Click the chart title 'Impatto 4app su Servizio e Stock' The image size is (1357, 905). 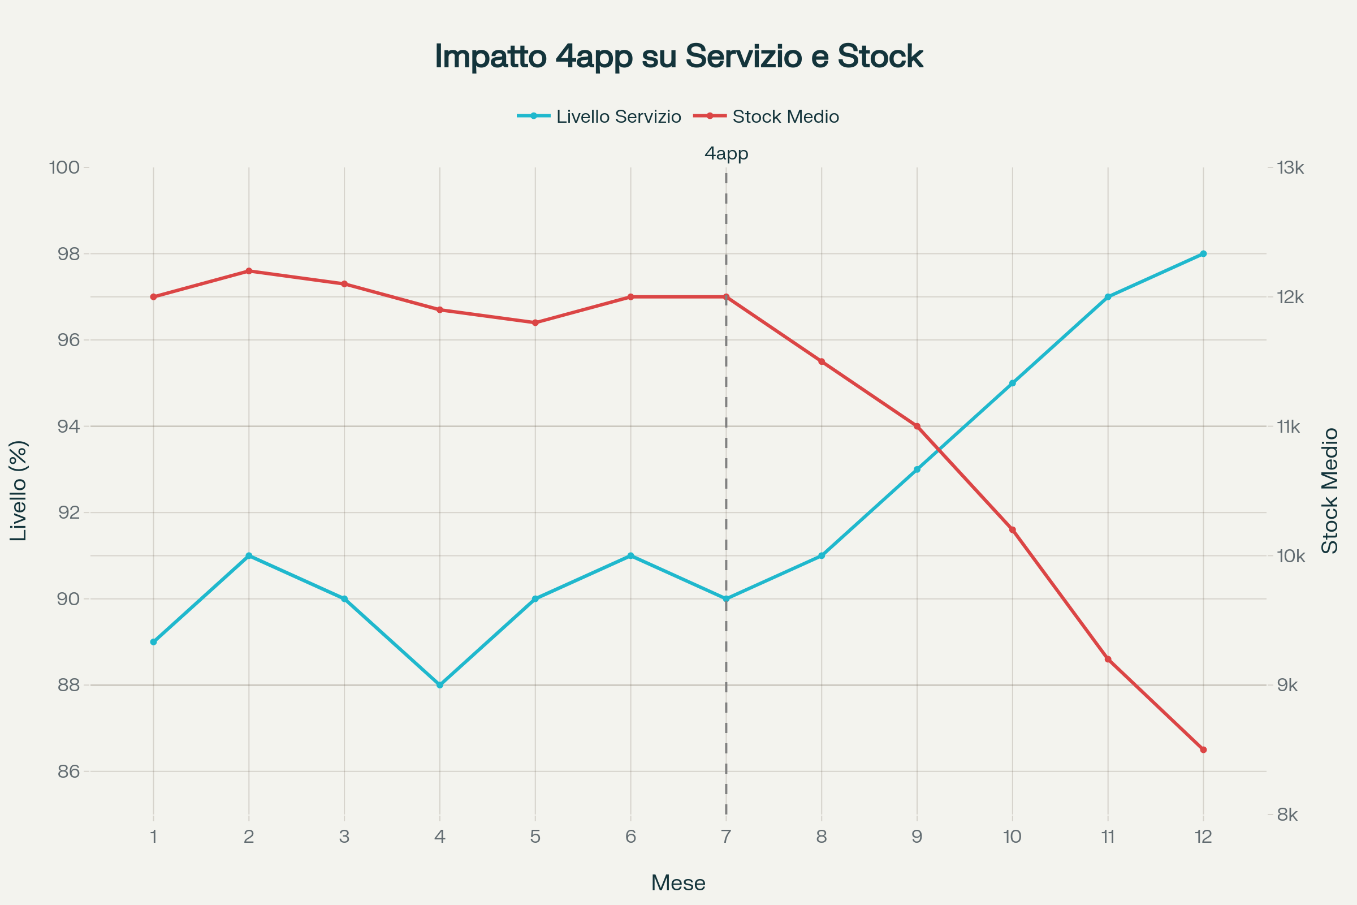678,57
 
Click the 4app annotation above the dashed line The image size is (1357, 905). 727,153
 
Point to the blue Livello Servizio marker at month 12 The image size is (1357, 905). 1203,254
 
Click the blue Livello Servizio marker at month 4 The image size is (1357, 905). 440,685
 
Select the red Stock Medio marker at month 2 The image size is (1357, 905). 249,271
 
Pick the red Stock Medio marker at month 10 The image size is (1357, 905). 1012,530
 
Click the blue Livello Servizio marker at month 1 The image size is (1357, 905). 153,642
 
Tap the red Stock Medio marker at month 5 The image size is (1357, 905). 535,322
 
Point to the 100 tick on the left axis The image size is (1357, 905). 64,168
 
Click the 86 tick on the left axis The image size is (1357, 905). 68,772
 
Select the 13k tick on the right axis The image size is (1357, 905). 1290,168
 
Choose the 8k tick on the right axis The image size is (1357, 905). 1287,815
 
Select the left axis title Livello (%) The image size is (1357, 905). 19,490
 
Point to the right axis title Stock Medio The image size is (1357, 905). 1329,490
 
